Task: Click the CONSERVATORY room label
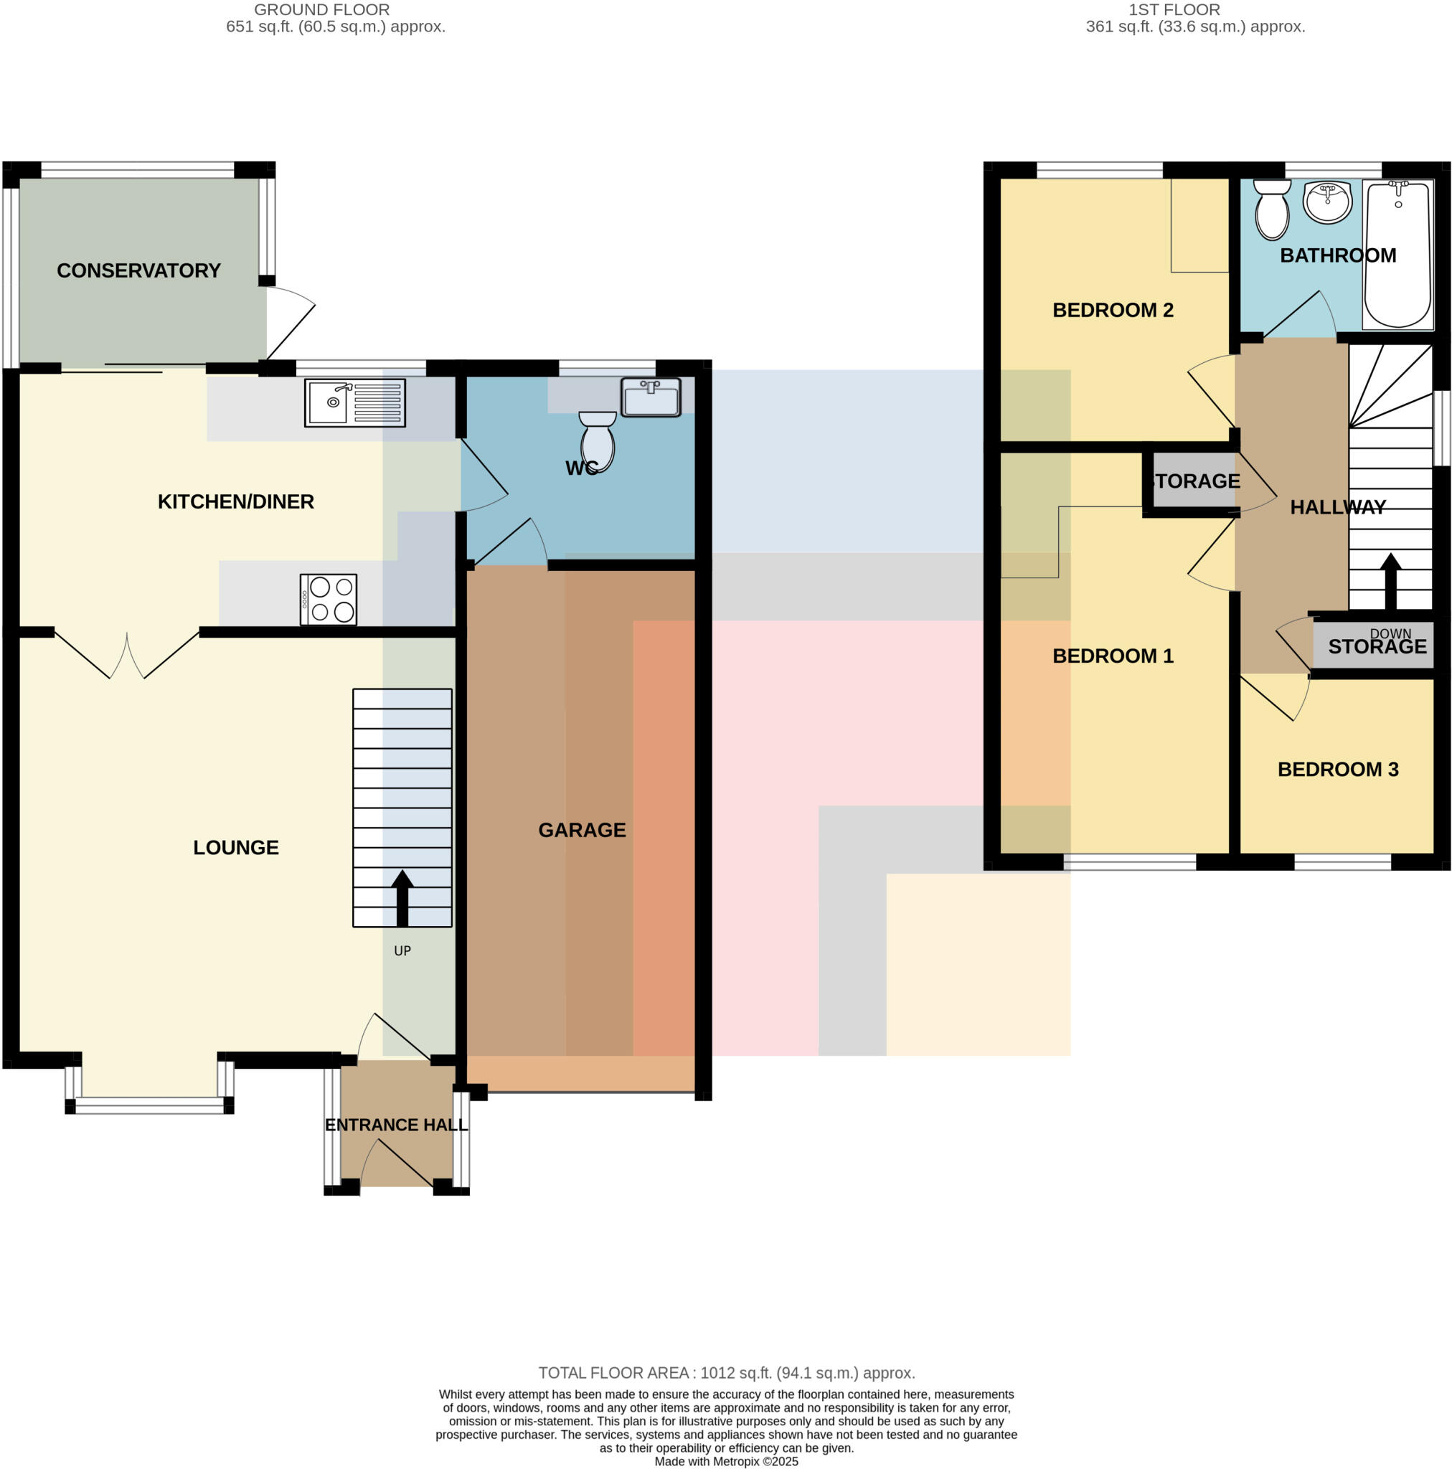click(x=138, y=270)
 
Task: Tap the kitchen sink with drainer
click(x=354, y=402)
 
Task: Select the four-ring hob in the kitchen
click(x=328, y=599)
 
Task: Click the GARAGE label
click(x=582, y=830)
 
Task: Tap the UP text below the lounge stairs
click(x=402, y=950)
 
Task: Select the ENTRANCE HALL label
click(x=395, y=1125)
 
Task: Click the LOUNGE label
click(x=236, y=847)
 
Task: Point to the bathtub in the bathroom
click(x=1397, y=255)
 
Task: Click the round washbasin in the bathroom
click(x=1327, y=202)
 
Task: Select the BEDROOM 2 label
click(x=1112, y=310)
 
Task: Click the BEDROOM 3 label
click(x=1337, y=770)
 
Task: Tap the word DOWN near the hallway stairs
click(x=1390, y=633)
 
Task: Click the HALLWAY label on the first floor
click(x=1337, y=507)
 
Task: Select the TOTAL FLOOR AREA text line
click(x=727, y=1372)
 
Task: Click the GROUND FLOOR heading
click(x=321, y=10)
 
